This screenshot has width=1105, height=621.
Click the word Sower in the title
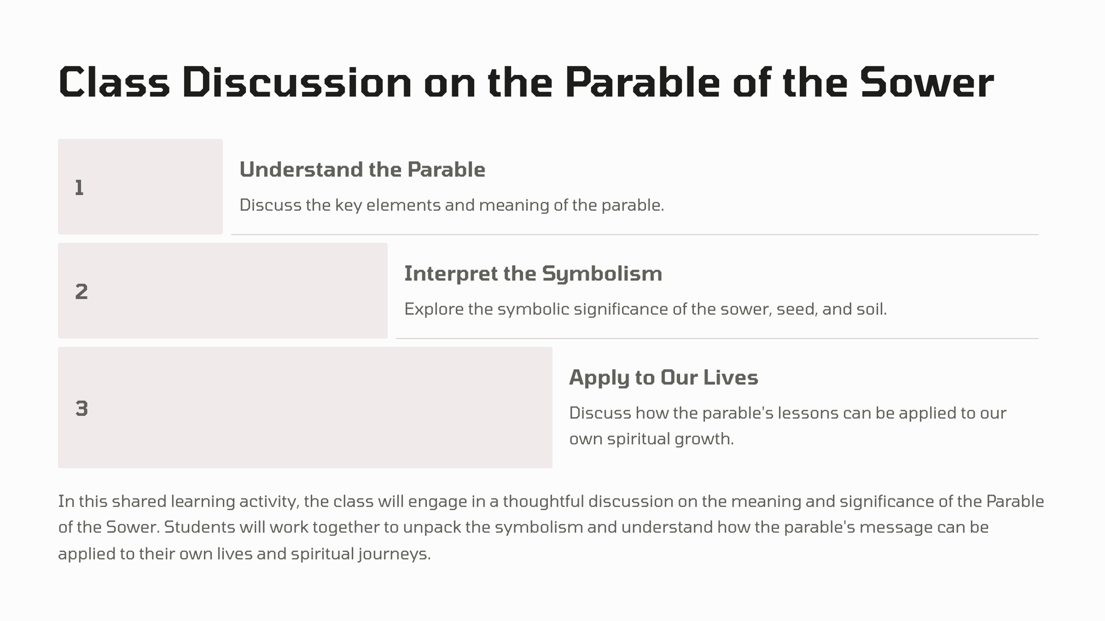coord(927,83)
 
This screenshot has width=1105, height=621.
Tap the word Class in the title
coord(114,82)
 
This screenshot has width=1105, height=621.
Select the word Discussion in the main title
coord(297,82)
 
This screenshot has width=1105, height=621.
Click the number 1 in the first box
coord(79,188)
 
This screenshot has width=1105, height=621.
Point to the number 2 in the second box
coord(81,292)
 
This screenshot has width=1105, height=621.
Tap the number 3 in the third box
coord(81,409)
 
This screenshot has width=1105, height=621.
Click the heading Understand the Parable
coord(363,170)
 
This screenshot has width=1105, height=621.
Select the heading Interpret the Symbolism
coord(533,274)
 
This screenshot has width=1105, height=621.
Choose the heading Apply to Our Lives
coord(664,378)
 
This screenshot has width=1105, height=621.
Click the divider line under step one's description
coord(635,234)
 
